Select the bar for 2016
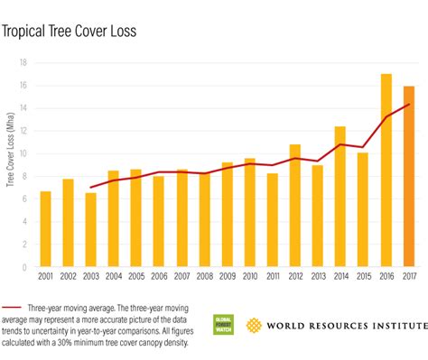pos(386,171)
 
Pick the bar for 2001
pos(45,229)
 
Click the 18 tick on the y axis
pos(25,62)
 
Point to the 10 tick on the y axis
pos(25,153)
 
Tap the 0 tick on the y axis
pos(27,267)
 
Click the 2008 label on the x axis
pos(204,278)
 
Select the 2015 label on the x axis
pos(363,278)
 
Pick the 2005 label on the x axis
pos(136,278)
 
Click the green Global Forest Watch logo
pos(223,326)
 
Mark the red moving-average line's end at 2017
pos(409,105)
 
